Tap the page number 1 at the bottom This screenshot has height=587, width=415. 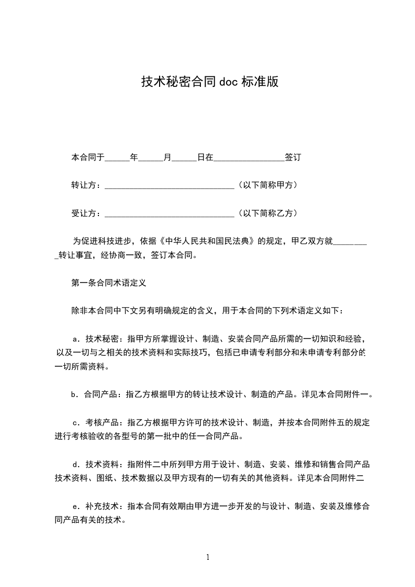click(208, 557)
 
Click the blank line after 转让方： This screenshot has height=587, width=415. click(170, 186)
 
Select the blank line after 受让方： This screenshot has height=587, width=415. click(170, 214)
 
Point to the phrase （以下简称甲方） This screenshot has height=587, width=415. click(267, 185)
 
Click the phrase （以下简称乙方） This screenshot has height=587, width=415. click(267, 213)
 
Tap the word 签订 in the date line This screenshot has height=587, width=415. click(293, 157)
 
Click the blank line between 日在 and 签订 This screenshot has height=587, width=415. click(249, 157)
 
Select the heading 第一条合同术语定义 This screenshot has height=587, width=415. click(108, 283)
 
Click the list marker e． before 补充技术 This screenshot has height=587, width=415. click(77, 506)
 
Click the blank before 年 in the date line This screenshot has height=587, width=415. click(117, 157)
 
